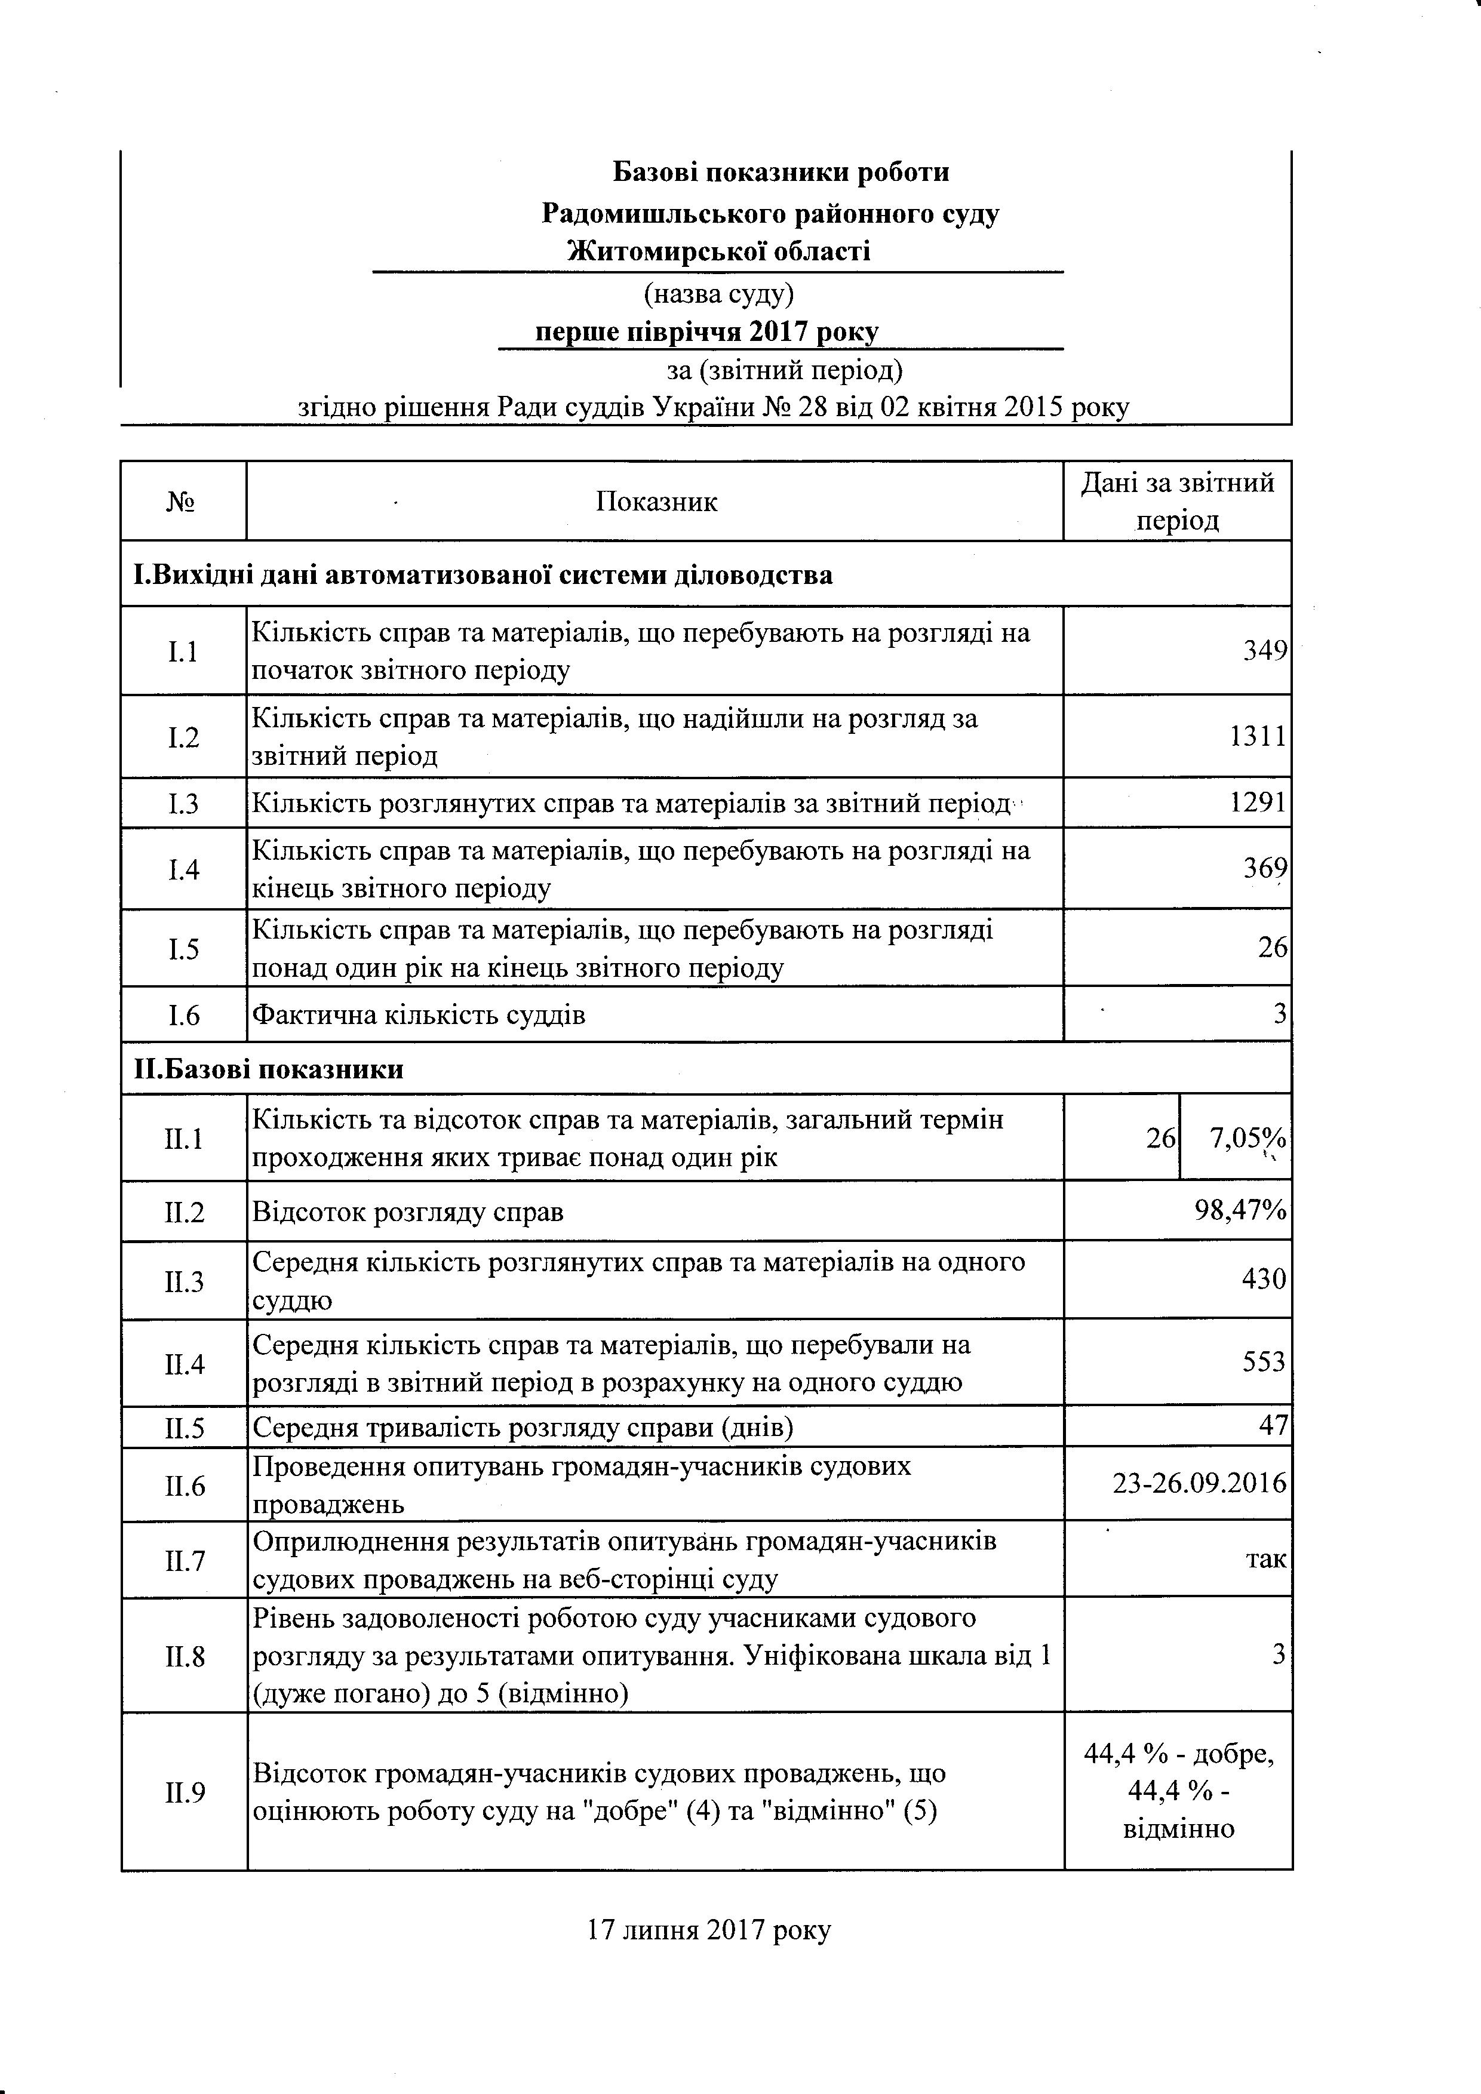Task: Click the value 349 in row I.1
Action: coord(1265,651)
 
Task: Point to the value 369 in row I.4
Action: coord(1265,868)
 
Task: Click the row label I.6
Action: coord(184,1014)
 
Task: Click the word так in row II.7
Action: coord(1266,1558)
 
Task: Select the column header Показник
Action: coord(657,502)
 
